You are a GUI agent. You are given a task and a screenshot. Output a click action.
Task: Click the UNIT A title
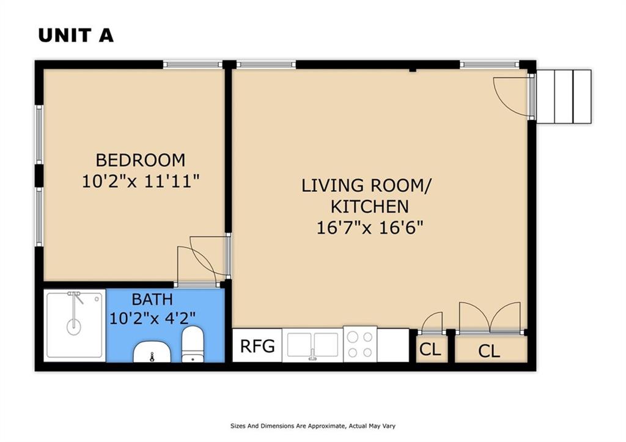coord(76,35)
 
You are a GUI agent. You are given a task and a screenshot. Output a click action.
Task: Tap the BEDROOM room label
coord(141,160)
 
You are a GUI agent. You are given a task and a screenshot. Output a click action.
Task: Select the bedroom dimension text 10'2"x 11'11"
coord(141,182)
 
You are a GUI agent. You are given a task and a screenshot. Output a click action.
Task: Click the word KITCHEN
coord(370,207)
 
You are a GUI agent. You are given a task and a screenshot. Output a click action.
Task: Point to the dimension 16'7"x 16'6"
coord(370,228)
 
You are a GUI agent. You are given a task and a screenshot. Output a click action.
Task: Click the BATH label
coord(152,299)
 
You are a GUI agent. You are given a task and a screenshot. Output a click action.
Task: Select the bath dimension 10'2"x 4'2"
coord(152,319)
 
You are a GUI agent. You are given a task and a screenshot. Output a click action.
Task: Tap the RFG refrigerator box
coord(257,345)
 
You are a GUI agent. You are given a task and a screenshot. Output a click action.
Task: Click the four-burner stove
coord(359,345)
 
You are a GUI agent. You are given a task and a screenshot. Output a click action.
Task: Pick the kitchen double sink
coord(312,345)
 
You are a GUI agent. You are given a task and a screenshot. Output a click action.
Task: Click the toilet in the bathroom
coord(193,344)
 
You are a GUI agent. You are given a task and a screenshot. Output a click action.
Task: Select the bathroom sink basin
coord(152,352)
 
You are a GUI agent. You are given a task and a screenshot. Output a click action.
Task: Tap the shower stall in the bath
coord(75,325)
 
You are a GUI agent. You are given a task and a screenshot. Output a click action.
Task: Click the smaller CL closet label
coord(430,350)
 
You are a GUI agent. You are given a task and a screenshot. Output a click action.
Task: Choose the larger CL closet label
coord(489,352)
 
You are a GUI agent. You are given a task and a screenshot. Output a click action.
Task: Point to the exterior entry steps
coord(563,96)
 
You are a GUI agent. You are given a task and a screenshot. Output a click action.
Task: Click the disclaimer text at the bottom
coord(312,426)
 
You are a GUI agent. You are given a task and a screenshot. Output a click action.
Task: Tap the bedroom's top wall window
coord(193,64)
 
